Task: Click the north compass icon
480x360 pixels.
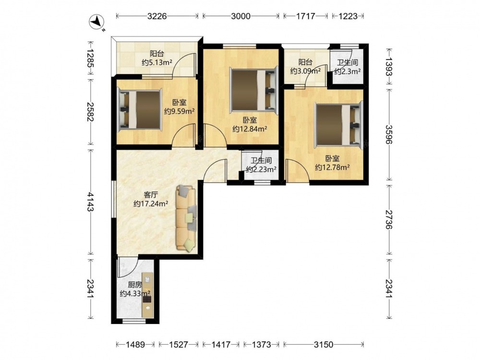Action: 96,22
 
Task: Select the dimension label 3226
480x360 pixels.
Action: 157,16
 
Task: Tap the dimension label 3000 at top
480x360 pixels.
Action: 240,16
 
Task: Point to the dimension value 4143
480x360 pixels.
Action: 90,202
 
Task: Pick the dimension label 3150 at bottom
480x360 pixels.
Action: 323,345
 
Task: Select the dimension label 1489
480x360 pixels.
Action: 135,345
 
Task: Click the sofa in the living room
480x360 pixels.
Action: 186,218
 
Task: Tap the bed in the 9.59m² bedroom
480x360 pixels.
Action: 140,110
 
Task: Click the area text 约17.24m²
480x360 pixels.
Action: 151,204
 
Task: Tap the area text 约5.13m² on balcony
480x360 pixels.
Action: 157,62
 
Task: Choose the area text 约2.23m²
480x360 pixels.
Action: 261,169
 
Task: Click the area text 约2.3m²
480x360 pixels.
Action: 347,72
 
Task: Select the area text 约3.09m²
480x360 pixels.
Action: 305,72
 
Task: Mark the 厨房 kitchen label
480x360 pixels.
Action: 135,285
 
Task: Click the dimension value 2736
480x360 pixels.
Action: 389,219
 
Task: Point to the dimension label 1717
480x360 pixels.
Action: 305,16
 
